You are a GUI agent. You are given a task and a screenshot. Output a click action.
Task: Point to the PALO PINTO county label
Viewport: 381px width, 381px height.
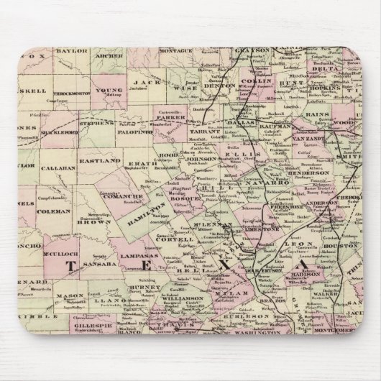click(148, 133)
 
